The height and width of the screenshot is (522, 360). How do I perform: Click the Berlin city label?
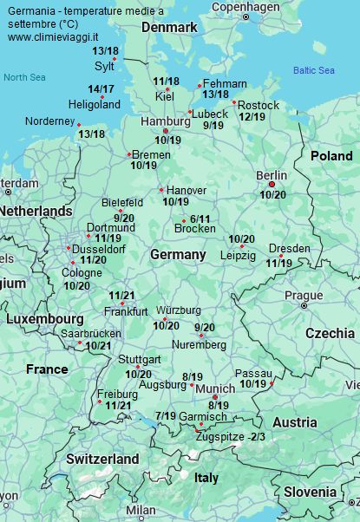pos(272,175)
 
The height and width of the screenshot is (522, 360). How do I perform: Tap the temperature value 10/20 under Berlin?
pos(272,195)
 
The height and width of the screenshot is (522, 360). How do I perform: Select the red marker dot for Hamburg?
pos(166,131)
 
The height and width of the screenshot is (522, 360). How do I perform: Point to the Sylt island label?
pos(104,65)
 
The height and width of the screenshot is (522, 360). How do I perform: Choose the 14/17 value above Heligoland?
pos(101,89)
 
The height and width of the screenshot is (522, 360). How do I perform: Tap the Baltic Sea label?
pos(313,70)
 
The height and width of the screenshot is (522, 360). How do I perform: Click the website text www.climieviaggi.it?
pos(53,37)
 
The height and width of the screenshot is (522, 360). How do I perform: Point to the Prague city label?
pos(304,295)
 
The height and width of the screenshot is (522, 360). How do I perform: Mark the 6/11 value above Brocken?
pos(200,219)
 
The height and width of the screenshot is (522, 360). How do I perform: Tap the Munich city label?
pos(215,389)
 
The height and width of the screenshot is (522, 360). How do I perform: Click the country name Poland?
pos(331,156)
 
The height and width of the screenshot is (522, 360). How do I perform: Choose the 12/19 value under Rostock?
pos(252,117)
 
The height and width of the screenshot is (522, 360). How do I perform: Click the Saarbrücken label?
pos(91,333)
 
